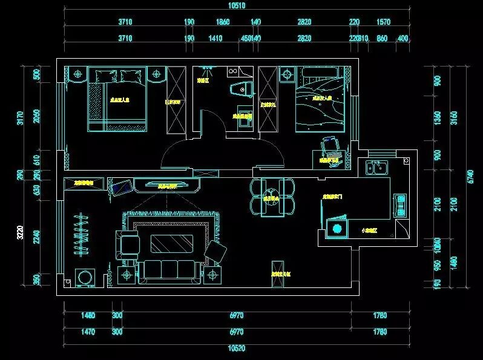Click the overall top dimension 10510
(220, 6)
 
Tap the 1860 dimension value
(223, 22)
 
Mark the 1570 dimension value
(383, 22)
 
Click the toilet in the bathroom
(241, 88)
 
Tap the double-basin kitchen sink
(376, 167)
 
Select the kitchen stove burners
(399, 205)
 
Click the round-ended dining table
(268, 197)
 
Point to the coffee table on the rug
(171, 243)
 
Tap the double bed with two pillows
(119, 99)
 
